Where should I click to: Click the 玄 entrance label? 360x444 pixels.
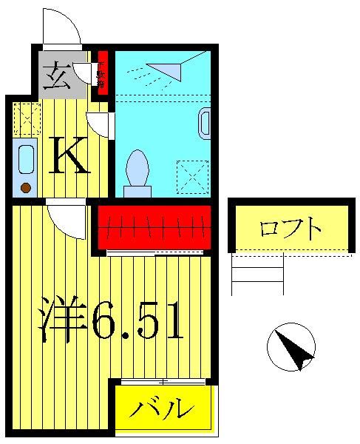point(57,75)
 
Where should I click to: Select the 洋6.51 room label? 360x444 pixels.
point(111,320)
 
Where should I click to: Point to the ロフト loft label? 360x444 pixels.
point(291,228)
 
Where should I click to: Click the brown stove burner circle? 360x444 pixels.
point(26,188)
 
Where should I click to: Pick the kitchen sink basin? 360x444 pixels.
point(26,159)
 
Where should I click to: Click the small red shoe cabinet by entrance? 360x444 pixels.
point(103,72)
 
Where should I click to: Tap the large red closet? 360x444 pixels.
point(154,226)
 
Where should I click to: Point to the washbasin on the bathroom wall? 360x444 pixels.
point(205,124)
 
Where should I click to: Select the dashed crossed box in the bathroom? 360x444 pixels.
point(192,176)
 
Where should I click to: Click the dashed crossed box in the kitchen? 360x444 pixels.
point(27,118)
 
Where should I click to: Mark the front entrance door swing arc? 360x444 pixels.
point(62,27)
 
